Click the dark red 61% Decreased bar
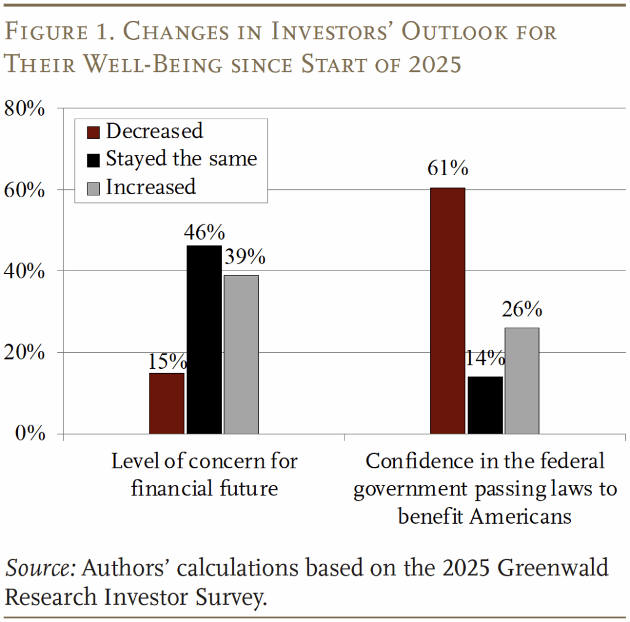[447, 310]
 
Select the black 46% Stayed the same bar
[204, 339]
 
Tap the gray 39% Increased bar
[241, 355]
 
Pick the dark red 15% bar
[167, 403]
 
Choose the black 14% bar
[485, 405]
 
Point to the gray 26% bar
[522, 380]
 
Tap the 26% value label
[522, 310]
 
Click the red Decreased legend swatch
[94, 132]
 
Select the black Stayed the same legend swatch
[94, 159]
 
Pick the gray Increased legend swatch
[94, 187]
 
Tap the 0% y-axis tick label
[30, 433]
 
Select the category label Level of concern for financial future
[204, 474]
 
